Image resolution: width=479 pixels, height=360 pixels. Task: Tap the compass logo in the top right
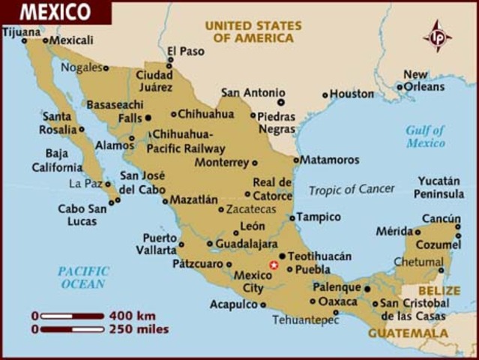click(x=438, y=36)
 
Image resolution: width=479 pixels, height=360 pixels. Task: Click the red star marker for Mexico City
click(x=274, y=265)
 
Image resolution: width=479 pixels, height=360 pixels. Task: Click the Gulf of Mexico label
click(x=425, y=136)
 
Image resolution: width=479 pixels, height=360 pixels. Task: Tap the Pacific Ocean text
click(x=83, y=277)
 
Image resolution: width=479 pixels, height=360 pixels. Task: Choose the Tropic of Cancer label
click(x=351, y=190)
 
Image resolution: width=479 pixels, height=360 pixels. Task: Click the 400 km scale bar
click(x=72, y=316)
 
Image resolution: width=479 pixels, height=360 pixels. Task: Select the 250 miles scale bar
click(x=72, y=328)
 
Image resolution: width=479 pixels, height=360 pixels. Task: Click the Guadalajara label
click(x=247, y=244)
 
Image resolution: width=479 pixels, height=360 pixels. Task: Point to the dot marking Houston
click(x=325, y=95)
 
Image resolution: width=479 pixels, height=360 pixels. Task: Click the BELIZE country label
click(x=440, y=289)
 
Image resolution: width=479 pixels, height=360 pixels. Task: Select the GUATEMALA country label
click(x=409, y=333)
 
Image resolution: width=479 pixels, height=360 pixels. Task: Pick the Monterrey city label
click(x=222, y=162)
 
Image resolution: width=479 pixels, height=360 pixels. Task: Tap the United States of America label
click(x=253, y=31)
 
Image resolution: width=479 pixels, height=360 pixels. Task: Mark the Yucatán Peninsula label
click(x=441, y=187)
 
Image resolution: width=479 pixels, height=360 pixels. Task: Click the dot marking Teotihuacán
click(x=282, y=256)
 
